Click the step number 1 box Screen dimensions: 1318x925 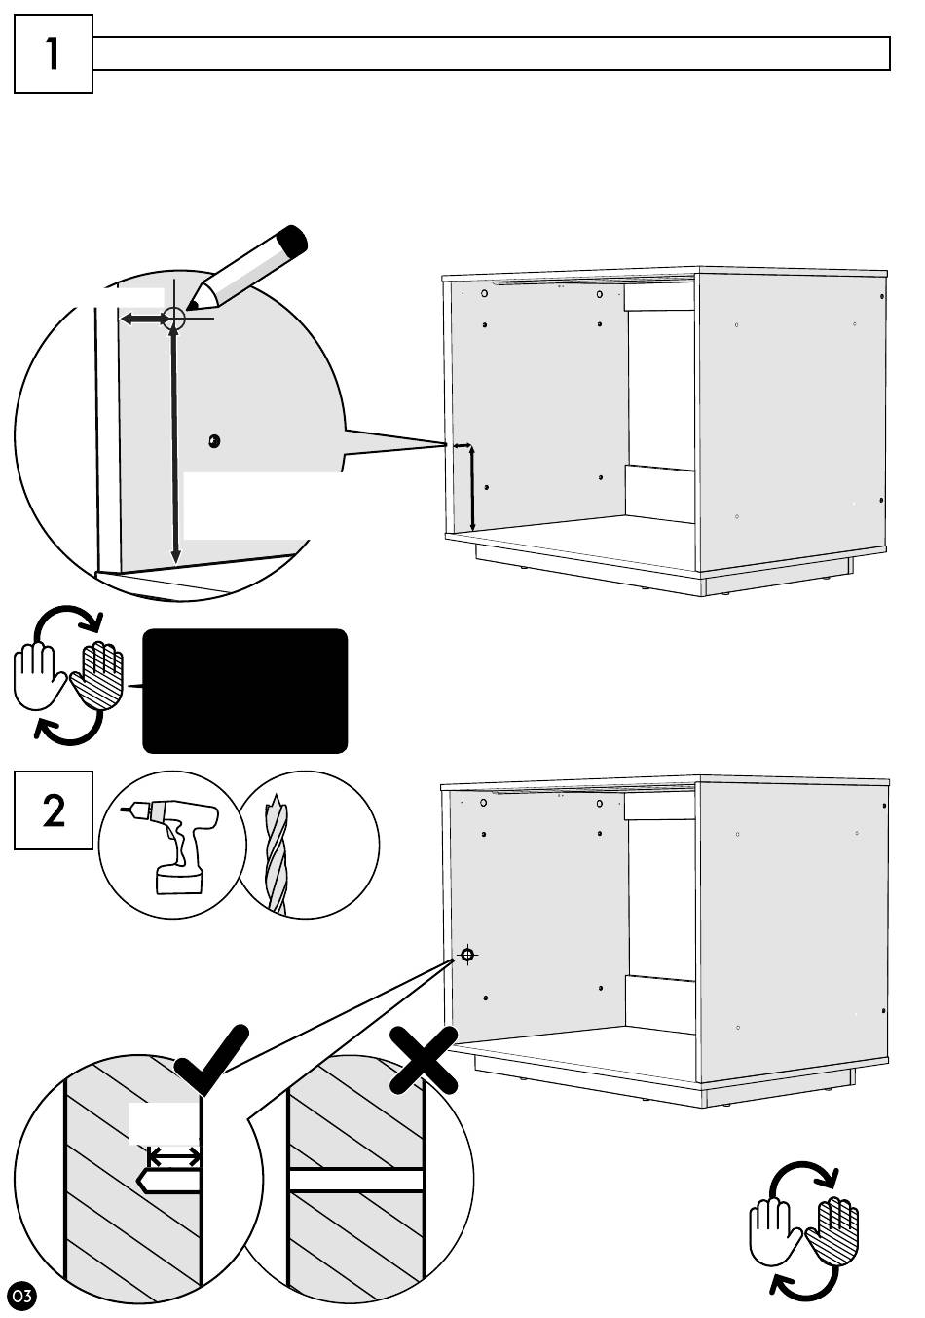point(54,54)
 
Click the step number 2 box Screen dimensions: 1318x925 point(54,810)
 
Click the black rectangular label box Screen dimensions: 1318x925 point(244,691)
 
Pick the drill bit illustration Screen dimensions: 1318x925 point(277,852)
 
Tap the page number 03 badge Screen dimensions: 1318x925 point(21,1296)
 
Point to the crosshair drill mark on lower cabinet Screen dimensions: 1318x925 point(467,955)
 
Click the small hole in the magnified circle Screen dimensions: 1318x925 point(214,441)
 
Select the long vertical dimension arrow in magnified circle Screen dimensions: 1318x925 point(174,444)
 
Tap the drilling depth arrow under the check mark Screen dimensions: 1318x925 point(174,1157)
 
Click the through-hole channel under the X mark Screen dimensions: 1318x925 point(356,1180)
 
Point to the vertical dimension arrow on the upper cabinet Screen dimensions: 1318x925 point(473,487)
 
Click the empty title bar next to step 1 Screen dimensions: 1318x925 point(492,54)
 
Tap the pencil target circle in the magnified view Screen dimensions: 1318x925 point(174,318)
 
